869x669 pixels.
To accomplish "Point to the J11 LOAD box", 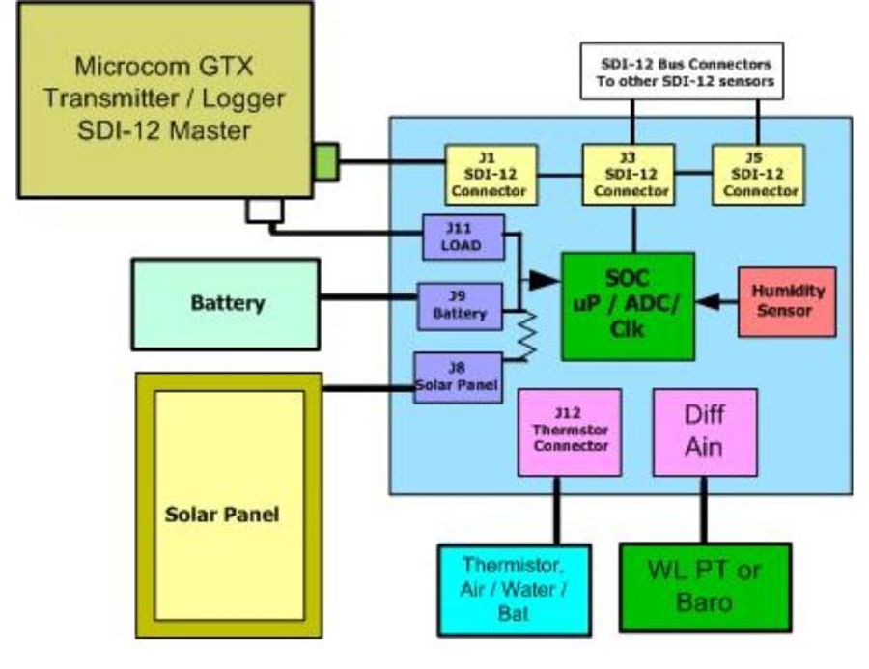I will tap(464, 237).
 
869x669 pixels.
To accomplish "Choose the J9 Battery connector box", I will tap(460, 305).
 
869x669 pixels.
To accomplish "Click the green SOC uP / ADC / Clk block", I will tap(628, 305).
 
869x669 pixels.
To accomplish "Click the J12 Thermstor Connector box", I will tap(567, 432).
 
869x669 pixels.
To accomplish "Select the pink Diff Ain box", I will tap(705, 432).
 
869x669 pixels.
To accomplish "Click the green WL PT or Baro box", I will tap(704, 586).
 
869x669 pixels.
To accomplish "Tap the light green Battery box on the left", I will tap(225, 303).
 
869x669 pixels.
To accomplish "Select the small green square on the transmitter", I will tap(325, 161).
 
